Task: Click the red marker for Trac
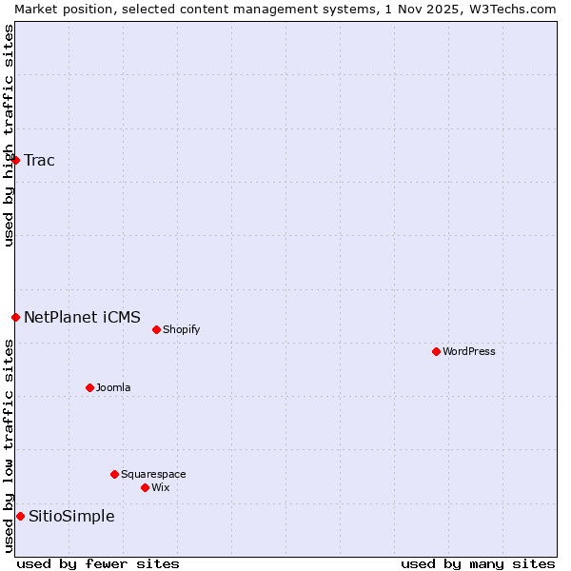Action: click(15, 160)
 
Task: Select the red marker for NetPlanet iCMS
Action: click(15, 317)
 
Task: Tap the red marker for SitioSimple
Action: click(20, 516)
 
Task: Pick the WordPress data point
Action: click(436, 351)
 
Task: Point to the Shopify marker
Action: click(156, 329)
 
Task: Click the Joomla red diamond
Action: click(89, 387)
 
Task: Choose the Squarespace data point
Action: click(114, 474)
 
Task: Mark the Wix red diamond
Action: click(145, 487)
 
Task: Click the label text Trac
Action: click(39, 160)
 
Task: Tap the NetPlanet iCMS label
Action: click(82, 317)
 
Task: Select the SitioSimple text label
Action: click(71, 516)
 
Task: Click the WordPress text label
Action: click(469, 351)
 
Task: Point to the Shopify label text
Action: click(181, 329)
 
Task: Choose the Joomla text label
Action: click(113, 387)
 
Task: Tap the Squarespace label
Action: click(153, 474)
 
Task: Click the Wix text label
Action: click(160, 487)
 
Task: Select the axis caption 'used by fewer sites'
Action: click(98, 563)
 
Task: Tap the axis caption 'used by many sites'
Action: click(478, 563)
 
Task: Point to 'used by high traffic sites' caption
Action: click(9, 135)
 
